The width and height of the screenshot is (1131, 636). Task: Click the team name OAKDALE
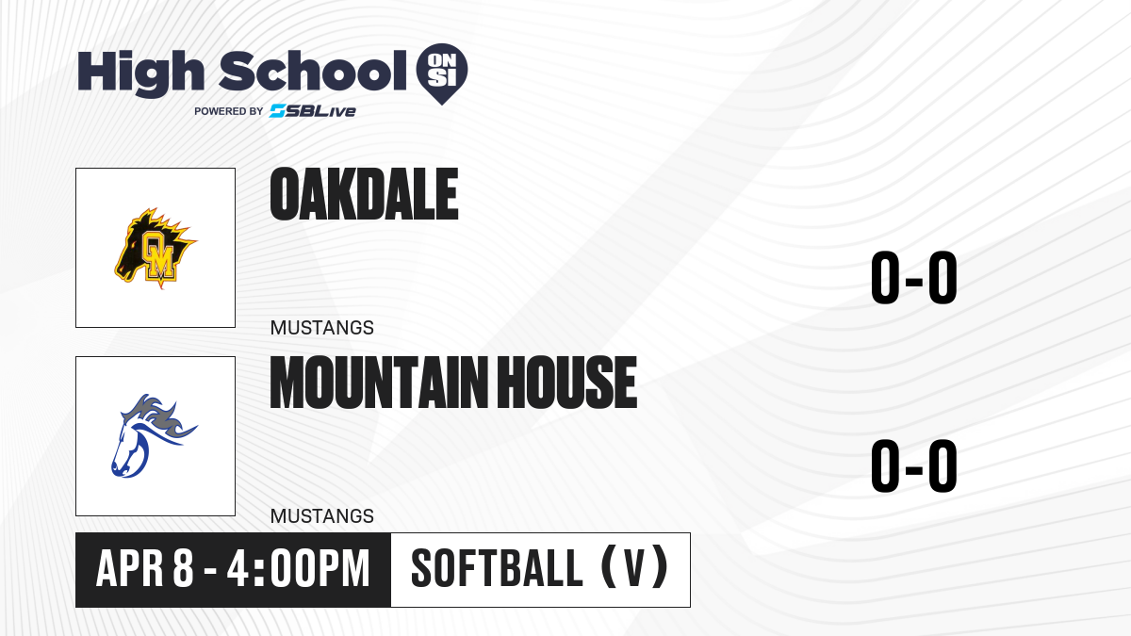click(x=364, y=194)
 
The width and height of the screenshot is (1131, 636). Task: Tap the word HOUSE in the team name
click(x=567, y=383)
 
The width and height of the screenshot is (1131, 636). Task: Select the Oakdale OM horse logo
click(x=156, y=248)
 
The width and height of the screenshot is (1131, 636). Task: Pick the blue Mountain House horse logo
click(x=154, y=435)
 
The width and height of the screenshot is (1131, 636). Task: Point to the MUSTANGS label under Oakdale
click(x=322, y=328)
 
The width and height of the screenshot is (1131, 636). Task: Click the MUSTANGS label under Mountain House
click(x=322, y=516)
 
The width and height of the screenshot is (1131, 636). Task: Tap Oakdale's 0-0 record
click(x=914, y=277)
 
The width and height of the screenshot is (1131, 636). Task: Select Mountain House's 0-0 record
click(x=914, y=465)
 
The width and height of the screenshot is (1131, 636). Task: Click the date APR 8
click(x=145, y=568)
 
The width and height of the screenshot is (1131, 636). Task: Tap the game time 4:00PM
click(x=299, y=568)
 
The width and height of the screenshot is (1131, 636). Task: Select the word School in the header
click(x=313, y=71)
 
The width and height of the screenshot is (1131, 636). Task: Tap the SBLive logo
click(x=313, y=110)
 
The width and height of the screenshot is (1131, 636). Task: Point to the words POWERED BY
click(x=229, y=111)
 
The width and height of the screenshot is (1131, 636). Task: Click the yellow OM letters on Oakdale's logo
click(x=159, y=255)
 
